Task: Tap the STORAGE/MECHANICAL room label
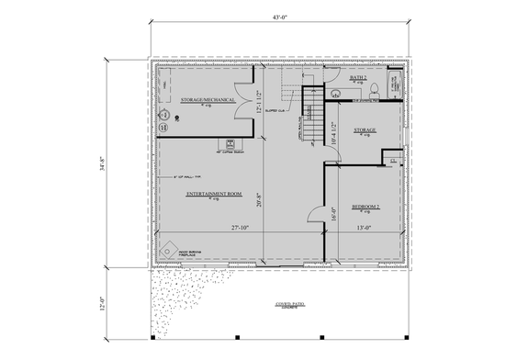[x=208, y=99]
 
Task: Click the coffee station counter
[x=231, y=143]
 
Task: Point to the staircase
[x=313, y=117]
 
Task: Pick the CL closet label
[x=392, y=160]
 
